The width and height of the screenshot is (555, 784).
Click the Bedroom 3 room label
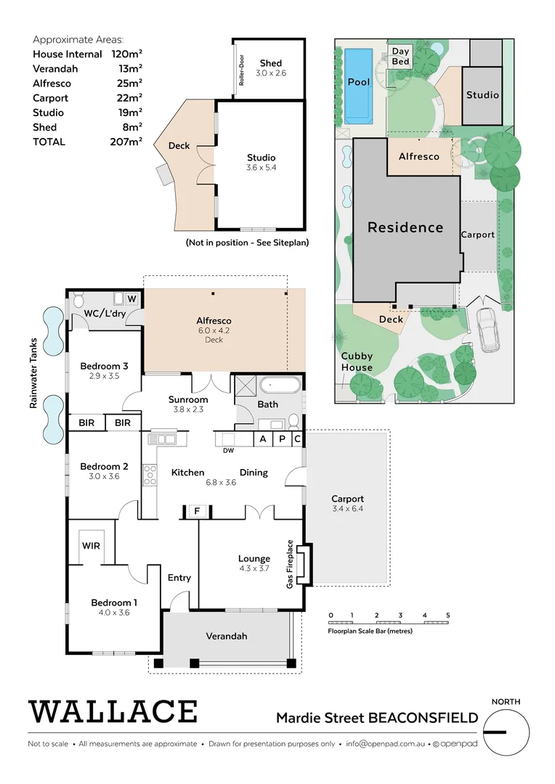[x=105, y=366]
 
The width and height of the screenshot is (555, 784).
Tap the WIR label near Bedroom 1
[x=91, y=545]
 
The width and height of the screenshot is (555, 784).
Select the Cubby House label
[x=357, y=362]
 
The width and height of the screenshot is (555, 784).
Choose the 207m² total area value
[x=126, y=142]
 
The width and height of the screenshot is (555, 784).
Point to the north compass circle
[x=506, y=732]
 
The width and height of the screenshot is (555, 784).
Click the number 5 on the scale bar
[x=448, y=615]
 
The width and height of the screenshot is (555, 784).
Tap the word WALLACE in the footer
[x=113, y=711]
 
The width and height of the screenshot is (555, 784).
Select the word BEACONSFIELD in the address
[x=424, y=718]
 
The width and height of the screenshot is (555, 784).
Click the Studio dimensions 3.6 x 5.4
[x=261, y=168]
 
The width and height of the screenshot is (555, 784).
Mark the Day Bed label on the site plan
[x=401, y=57]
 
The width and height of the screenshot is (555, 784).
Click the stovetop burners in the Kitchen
[x=150, y=475]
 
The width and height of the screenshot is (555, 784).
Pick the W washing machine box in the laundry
[x=131, y=298]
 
